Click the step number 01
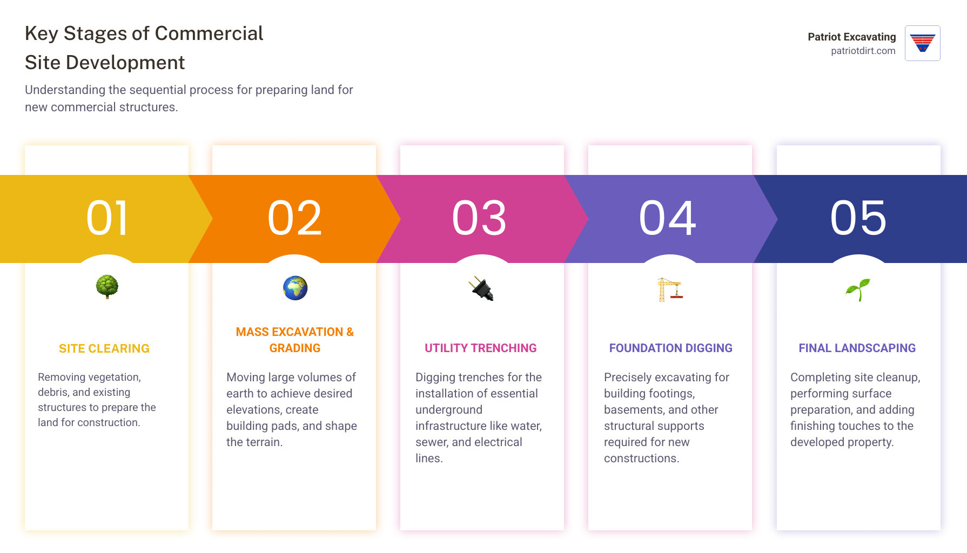pos(108,218)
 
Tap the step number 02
pos(295,218)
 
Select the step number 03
pos(479,218)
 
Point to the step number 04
pos(668,218)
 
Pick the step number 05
pos(858,218)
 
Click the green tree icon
pos(107,287)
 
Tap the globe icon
pos(295,288)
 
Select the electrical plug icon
pos(481,288)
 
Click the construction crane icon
pos(670,289)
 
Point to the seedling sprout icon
pos(858,289)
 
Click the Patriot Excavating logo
pos(922,43)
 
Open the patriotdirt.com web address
pos(863,51)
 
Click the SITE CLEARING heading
pos(104,348)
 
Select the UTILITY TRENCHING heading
pos(480,348)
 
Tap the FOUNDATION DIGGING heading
pos(670,348)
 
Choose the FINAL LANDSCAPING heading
pos(857,348)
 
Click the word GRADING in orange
pos(295,348)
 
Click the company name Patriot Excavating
pos(851,37)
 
